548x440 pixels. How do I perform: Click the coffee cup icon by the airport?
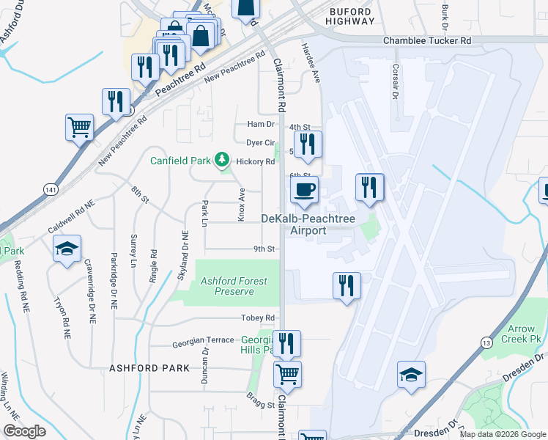click(x=303, y=191)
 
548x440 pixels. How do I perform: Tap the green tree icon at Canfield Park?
click(x=221, y=161)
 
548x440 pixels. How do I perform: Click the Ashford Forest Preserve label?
click(x=227, y=286)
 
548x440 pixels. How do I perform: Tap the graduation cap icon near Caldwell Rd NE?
click(x=67, y=249)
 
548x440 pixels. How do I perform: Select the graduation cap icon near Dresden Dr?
click(x=411, y=374)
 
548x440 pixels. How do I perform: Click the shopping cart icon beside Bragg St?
click(x=287, y=374)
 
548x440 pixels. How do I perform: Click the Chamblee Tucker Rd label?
click(x=427, y=42)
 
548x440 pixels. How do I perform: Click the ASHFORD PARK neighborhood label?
click(x=144, y=367)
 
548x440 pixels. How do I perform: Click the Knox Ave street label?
click(x=240, y=202)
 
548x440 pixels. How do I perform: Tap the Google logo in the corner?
click(x=25, y=431)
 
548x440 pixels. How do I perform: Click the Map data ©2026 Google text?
click(x=502, y=434)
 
